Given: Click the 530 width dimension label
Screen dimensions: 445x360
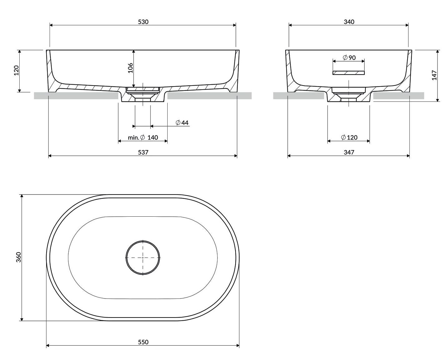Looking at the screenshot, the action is pos(143,22).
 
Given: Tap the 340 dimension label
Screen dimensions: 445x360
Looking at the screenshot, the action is pos(349,22).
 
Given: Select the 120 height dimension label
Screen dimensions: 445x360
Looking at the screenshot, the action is pos(16,70).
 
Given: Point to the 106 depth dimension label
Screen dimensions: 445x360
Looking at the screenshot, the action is pos(130,68).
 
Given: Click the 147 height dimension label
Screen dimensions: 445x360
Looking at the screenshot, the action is pos(434,75).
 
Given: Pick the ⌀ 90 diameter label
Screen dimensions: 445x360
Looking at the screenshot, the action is pos(349,57).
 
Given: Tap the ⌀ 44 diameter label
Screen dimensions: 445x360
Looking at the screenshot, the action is pos(182,122).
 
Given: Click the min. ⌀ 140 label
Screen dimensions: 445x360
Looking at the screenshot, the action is pos(143,137).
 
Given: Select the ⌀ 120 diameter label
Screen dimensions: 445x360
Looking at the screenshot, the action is pos(349,137).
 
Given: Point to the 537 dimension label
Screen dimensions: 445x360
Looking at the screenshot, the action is pos(143,152).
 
